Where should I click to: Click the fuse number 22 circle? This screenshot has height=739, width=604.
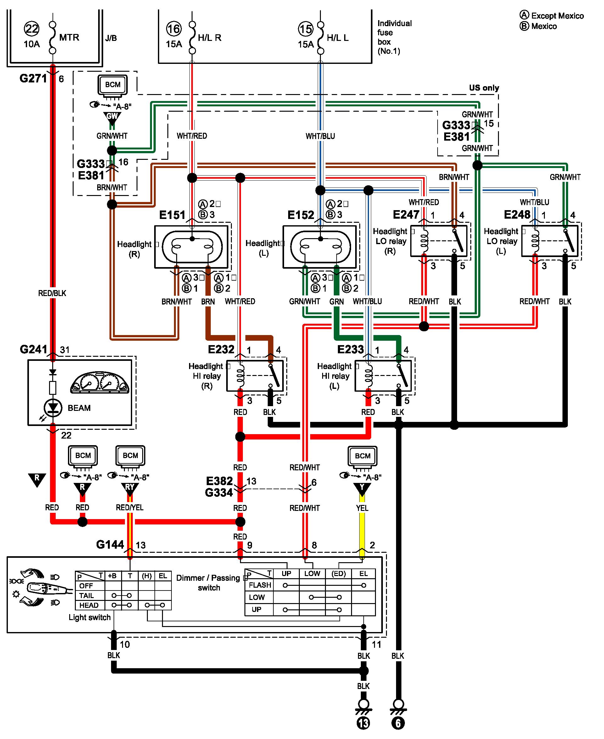tap(32, 29)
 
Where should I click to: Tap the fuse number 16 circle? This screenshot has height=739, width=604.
tap(174, 29)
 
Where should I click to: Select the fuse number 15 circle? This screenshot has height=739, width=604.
tap(305, 29)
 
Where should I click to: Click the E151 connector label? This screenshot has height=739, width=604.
tap(172, 215)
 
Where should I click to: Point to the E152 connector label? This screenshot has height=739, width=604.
tap(301, 215)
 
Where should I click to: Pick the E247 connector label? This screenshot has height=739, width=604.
tap(406, 214)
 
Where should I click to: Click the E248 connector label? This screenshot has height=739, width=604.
tap(517, 214)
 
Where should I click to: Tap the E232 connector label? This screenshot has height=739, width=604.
tap(221, 349)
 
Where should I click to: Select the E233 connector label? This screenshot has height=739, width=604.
tap(350, 349)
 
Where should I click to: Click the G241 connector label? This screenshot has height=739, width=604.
tap(33, 349)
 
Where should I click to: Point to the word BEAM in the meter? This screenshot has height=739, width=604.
tap(79, 408)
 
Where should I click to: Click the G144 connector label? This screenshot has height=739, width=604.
tap(110, 545)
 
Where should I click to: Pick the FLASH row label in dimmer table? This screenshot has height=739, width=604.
tap(260, 585)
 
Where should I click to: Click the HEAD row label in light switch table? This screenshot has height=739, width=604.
tap(89, 605)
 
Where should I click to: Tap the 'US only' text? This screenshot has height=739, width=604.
tap(484, 88)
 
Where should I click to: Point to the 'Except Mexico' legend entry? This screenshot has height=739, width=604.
tap(552, 16)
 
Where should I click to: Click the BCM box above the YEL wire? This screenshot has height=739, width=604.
tap(362, 456)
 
